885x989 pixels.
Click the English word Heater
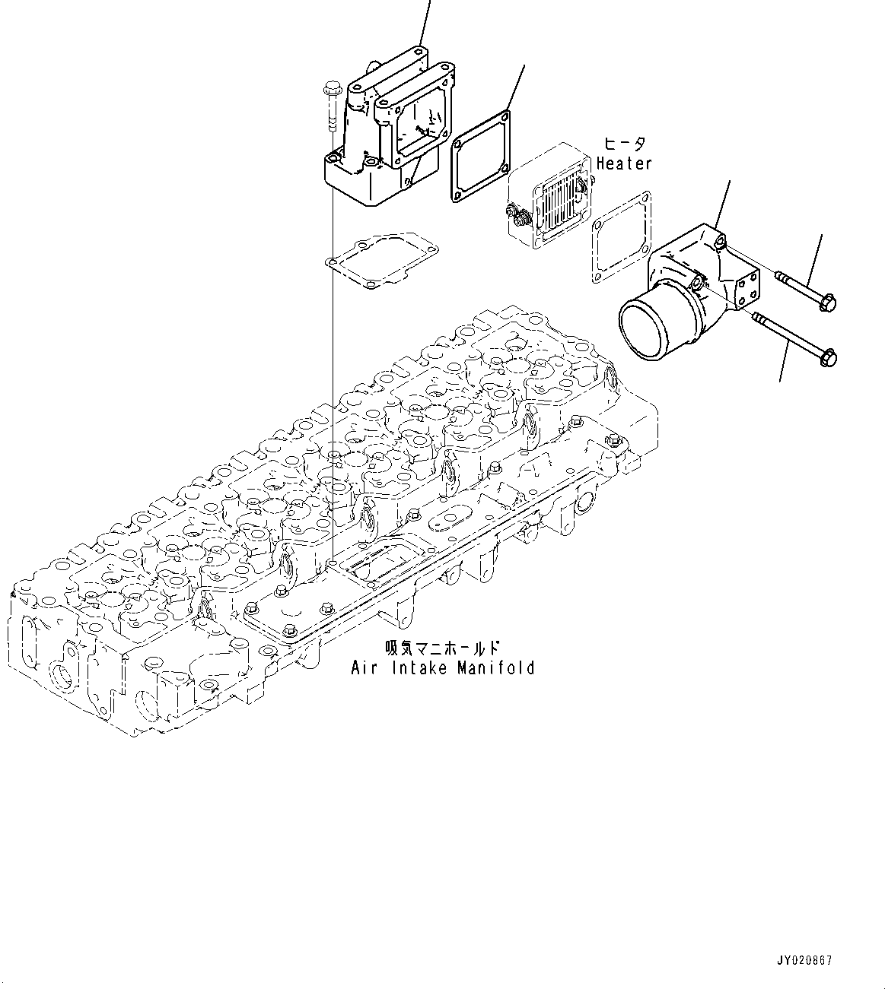pyautogui.click(x=624, y=163)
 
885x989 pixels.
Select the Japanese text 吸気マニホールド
pyautogui.click(x=441, y=648)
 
